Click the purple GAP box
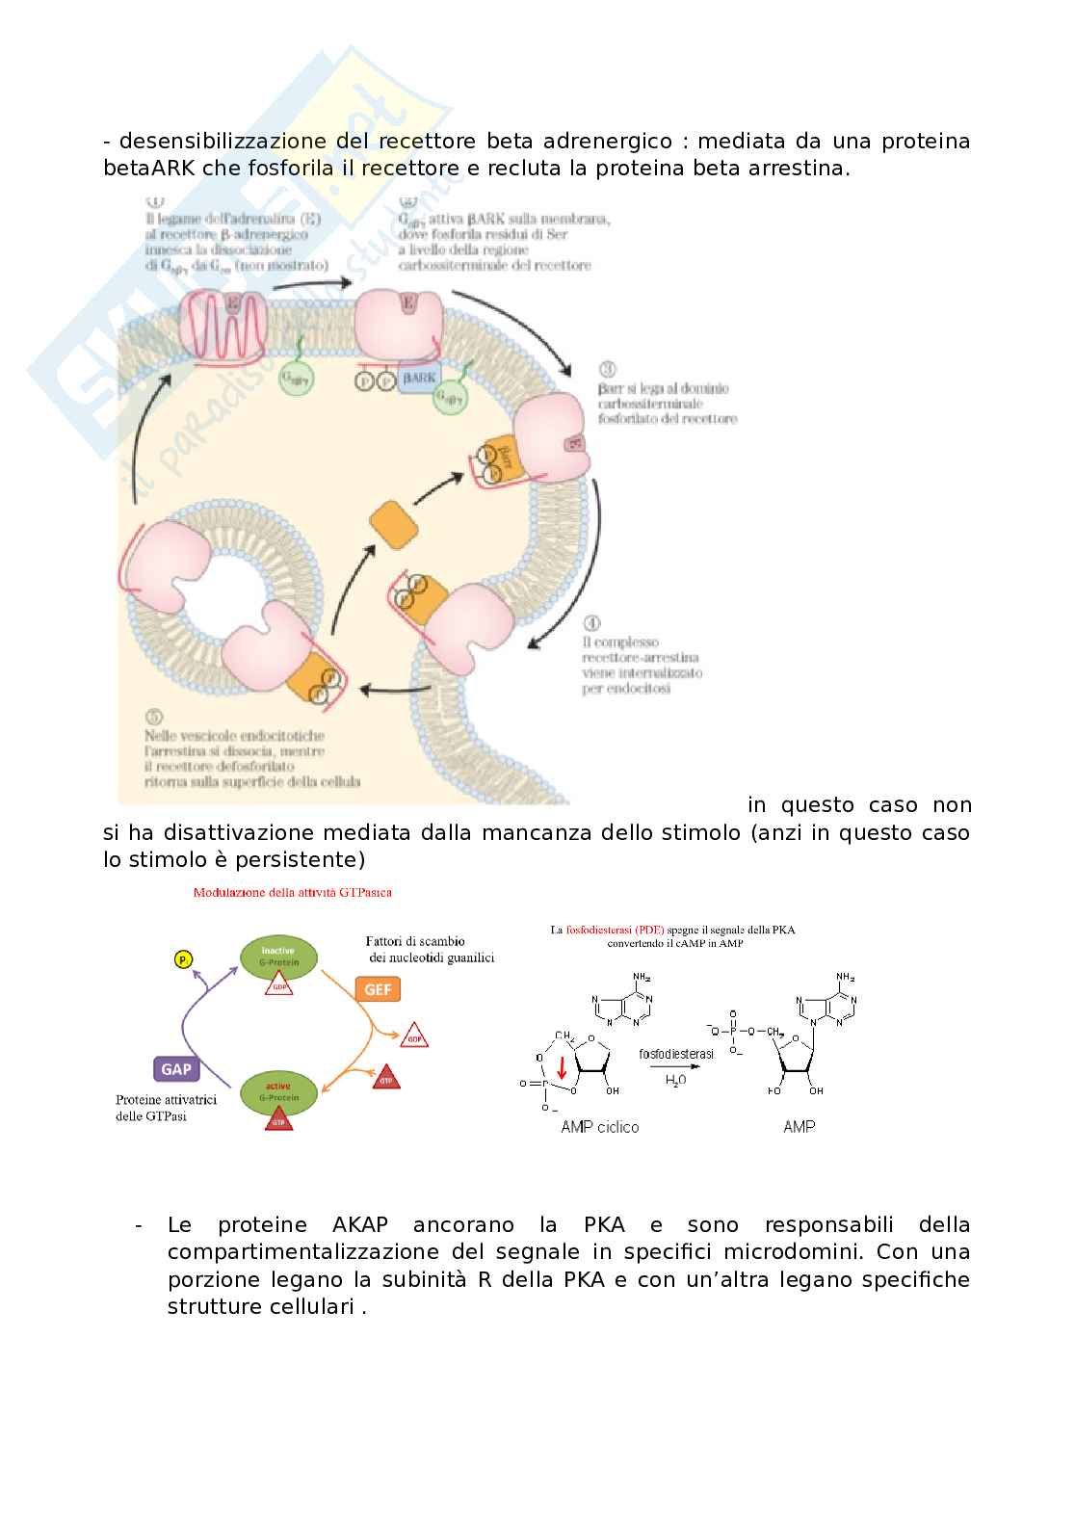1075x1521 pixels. point(176,1069)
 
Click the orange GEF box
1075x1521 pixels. point(378,989)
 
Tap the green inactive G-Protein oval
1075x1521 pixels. point(278,956)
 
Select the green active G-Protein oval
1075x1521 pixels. point(278,1092)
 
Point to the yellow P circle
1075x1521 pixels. point(183,959)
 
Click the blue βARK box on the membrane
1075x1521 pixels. point(419,379)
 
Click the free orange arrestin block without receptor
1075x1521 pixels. point(394,525)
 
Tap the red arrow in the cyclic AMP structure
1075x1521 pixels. point(562,1068)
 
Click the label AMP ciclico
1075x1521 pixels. point(599,1127)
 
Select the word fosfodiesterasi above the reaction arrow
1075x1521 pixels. point(676,1054)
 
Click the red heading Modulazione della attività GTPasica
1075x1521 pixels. point(292,892)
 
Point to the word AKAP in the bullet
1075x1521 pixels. point(360,1225)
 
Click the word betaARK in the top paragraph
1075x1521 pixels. point(148,169)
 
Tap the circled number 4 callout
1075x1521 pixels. point(591,623)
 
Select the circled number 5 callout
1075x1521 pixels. point(154,718)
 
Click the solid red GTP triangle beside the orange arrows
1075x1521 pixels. point(386,1077)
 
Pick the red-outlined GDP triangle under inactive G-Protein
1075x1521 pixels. point(278,984)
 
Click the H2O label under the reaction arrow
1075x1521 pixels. point(676,1081)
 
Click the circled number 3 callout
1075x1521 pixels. point(607,370)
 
